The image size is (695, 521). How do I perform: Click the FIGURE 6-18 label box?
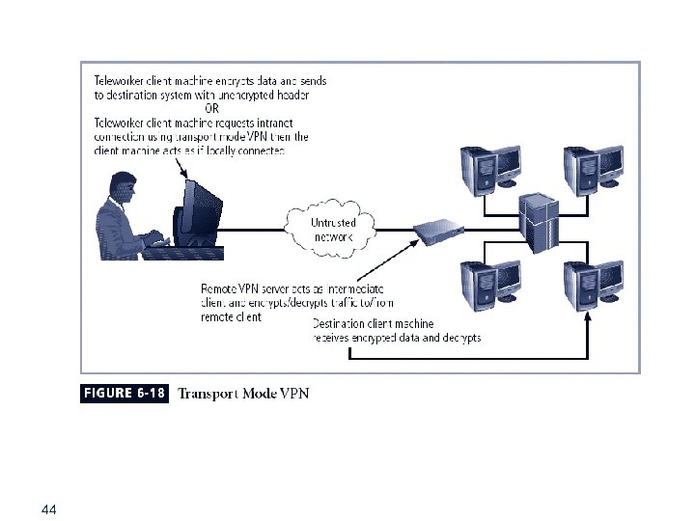(124, 393)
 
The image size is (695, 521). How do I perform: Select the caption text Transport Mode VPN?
(244, 393)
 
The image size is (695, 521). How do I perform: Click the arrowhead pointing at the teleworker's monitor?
(185, 175)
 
